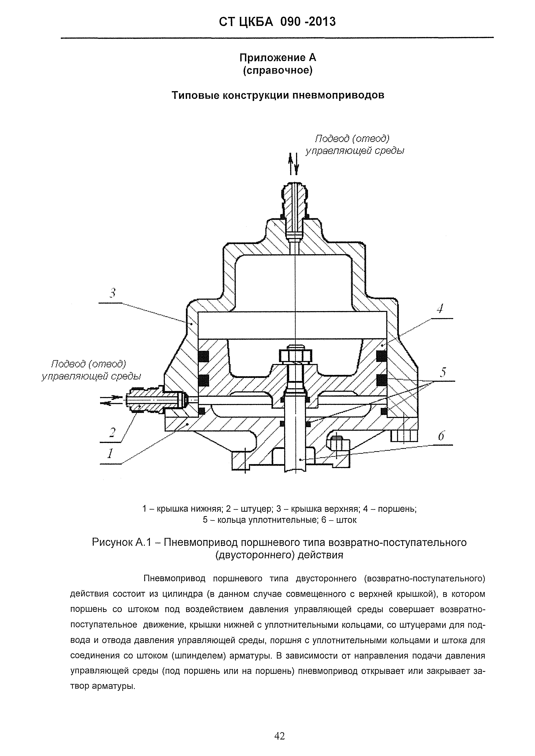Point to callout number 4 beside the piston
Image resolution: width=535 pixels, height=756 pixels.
click(x=440, y=309)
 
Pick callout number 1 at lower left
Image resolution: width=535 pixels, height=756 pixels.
click(x=110, y=454)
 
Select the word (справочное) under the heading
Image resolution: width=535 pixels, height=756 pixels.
click(x=278, y=70)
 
